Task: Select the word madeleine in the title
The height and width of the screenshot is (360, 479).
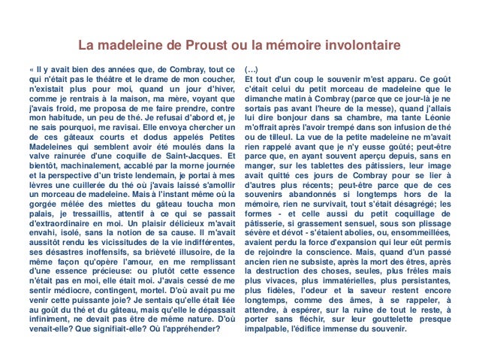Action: pyautogui.click(x=132, y=45)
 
